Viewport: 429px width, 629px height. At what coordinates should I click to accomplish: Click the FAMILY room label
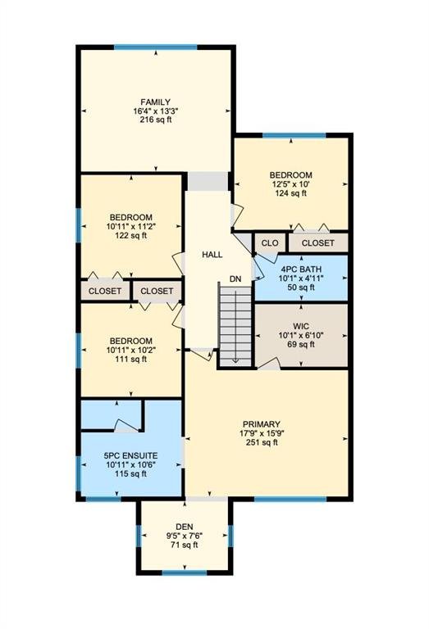point(155,102)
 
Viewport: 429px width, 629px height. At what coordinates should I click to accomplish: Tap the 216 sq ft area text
point(156,120)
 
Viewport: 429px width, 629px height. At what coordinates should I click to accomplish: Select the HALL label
point(212,255)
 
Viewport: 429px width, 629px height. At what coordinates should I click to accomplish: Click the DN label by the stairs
point(235,278)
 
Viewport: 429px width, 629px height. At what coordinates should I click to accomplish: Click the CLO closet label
point(270,242)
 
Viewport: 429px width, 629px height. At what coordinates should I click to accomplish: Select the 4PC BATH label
point(301,269)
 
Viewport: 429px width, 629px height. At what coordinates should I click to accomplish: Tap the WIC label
point(301,326)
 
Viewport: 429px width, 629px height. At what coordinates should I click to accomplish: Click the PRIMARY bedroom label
point(262,424)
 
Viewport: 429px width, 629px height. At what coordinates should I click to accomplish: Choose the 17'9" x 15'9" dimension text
point(262,433)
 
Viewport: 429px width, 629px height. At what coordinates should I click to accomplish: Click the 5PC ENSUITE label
point(130,455)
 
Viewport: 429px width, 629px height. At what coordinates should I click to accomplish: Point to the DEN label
point(185,527)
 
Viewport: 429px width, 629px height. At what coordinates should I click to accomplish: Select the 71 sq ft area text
point(185,545)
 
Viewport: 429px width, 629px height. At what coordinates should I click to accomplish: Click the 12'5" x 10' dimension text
point(291,184)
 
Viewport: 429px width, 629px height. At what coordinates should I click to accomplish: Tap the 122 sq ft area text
point(131,236)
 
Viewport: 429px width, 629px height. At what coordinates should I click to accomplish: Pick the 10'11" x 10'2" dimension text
point(131,350)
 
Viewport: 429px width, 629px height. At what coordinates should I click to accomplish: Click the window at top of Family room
point(156,48)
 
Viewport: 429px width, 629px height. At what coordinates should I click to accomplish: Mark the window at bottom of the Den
point(185,572)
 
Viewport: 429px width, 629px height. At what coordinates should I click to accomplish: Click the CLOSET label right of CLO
point(317,242)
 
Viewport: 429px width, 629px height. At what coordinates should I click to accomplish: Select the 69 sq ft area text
point(301,345)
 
